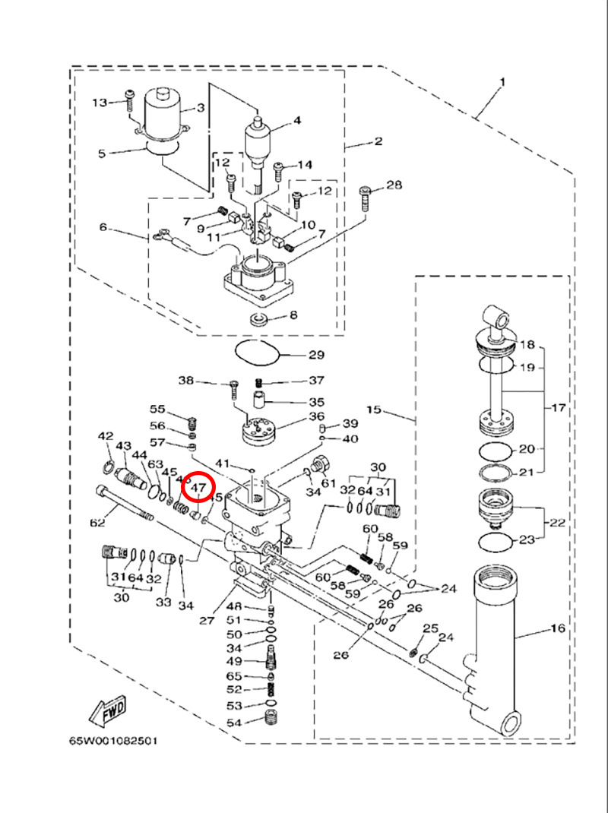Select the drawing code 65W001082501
coord(114,739)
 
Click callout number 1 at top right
coord(502,82)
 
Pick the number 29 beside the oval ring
coord(315,355)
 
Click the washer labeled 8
coord(258,316)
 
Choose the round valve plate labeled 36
coord(258,432)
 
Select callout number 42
coord(105,436)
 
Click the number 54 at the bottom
coord(233,722)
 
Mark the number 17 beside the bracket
coord(559,408)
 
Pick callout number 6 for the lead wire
coord(104,227)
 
